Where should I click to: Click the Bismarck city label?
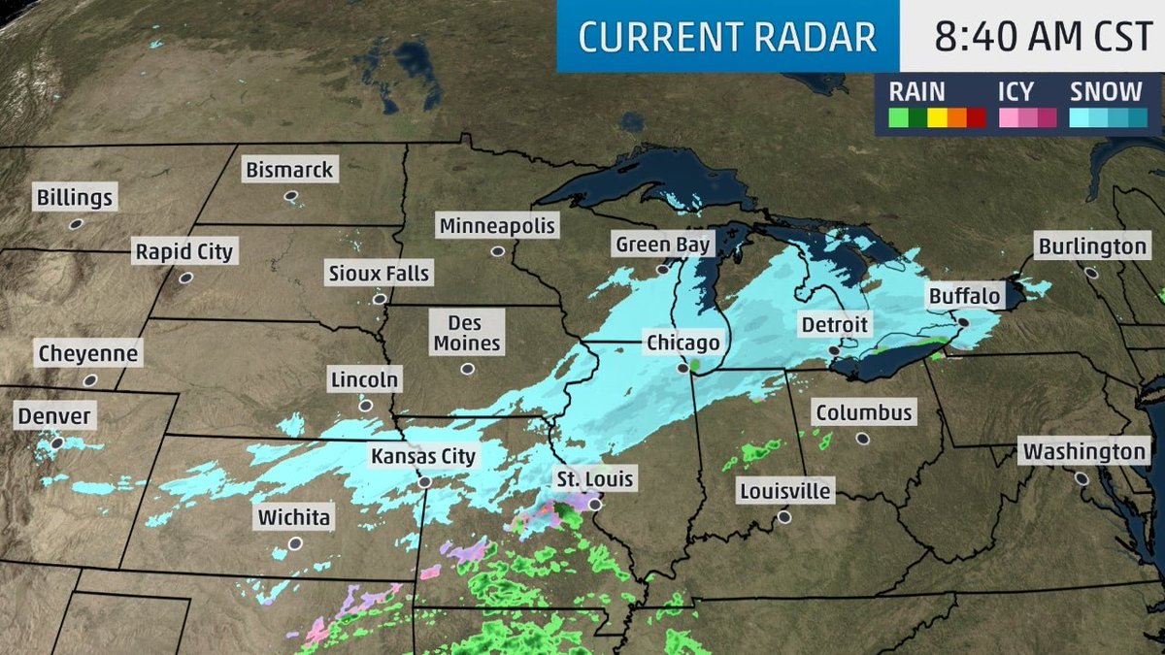(x=288, y=170)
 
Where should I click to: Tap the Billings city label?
(x=75, y=199)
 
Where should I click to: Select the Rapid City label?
(x=183, y=252)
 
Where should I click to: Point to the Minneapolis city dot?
(x=498, y=251)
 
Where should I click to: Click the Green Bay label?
(x=662, y=245)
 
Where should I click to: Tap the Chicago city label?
(x=683, y=343)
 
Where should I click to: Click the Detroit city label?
(x=834, y=324)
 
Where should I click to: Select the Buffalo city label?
(x=963, y=295)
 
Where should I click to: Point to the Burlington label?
(x=1091, y=246)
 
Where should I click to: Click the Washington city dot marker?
(x=1082, y=477)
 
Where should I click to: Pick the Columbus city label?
(x=863, y=412)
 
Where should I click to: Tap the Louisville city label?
(x=784, y=491)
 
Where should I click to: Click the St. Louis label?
(x=594, y=478)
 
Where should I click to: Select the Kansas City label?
(x=423, y=456)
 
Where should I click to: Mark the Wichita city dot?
(x=294, y=543)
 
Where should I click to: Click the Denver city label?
(x=54, y=417)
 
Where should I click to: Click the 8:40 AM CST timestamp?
(x=1031, y=36)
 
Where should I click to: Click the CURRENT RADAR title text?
(x=727, y=37)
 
